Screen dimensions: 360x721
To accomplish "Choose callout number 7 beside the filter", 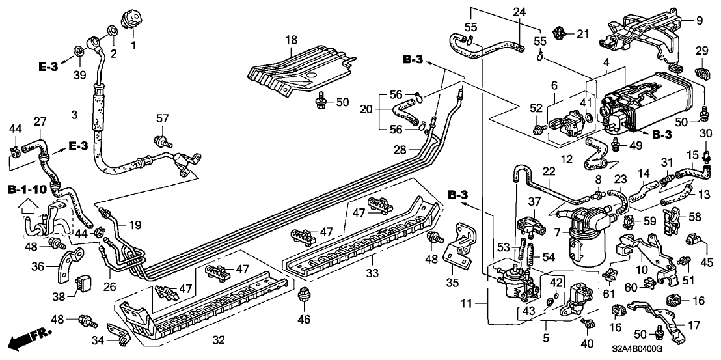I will coord(481,302).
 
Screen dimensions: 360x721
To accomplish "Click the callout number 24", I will coord(519,11).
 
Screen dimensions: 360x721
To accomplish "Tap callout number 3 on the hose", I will coord(75,115).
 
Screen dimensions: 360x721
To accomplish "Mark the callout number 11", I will coord(481,302).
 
